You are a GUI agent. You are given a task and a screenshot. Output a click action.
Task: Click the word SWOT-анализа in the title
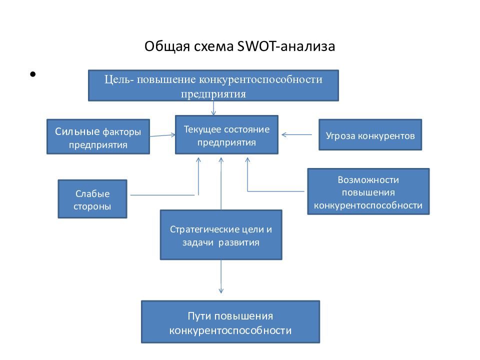286,46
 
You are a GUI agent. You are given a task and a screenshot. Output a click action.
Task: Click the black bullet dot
33,74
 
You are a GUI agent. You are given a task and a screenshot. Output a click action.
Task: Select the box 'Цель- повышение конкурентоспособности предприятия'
213,85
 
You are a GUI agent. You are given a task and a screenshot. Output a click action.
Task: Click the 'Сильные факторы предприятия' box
98,136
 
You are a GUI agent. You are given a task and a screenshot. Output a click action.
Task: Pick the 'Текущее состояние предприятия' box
226,134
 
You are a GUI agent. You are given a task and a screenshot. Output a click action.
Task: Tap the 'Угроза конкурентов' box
370,134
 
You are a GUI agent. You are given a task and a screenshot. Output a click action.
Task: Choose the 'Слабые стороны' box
92,199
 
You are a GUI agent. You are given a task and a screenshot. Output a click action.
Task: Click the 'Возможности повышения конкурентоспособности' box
368,191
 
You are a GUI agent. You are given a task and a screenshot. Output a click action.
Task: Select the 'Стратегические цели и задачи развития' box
221,235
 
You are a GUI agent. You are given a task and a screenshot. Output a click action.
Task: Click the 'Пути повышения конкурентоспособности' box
230,321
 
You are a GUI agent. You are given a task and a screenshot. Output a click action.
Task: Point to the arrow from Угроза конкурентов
296,134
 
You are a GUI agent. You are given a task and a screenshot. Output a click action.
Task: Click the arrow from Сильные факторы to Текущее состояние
163,135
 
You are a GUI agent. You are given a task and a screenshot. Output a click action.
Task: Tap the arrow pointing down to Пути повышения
221,276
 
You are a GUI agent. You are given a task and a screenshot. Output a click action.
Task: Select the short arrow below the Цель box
213,108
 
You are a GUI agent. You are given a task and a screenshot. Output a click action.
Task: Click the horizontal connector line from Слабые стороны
162,195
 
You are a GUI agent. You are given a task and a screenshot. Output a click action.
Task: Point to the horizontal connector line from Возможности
276,191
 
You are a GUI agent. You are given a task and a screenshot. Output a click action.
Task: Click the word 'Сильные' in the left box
77,131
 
